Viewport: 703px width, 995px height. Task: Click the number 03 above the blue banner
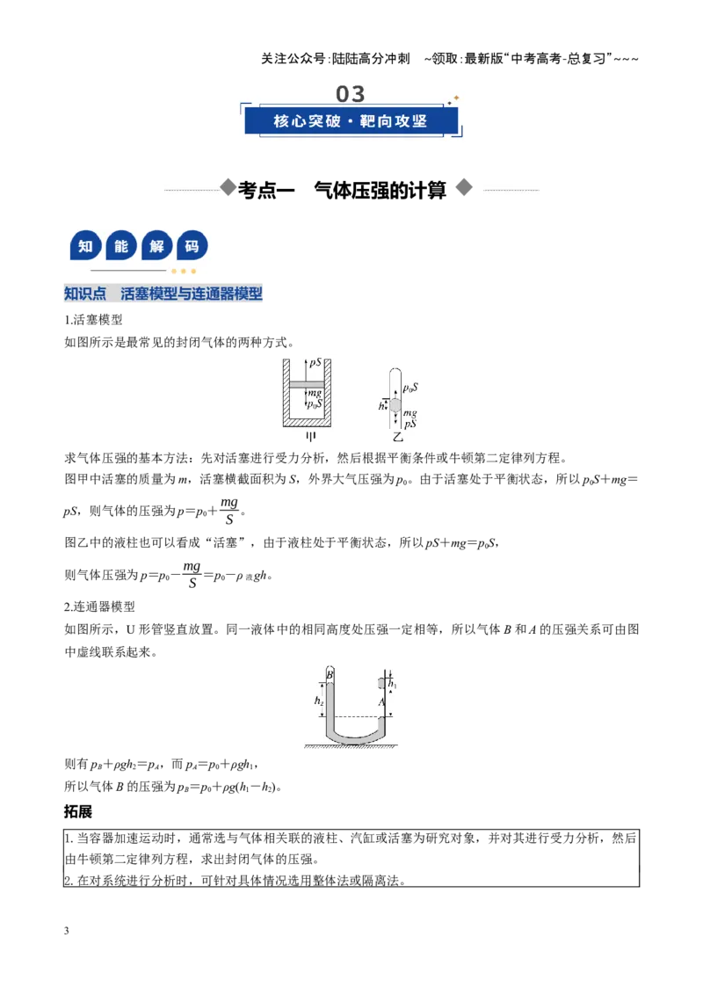point(351,94)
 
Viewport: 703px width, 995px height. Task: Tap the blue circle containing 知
point(85,246)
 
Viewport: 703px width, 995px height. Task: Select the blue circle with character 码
point(192,246)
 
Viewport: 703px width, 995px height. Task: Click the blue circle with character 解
point(156,246)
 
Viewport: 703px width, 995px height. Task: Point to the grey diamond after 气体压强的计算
point(465,188)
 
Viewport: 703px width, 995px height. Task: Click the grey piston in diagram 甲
point(307,384)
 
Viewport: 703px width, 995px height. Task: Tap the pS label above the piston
point(315,363)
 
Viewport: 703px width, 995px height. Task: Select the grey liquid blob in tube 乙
point(395,405)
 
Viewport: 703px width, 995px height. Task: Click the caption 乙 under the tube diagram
point(398,437)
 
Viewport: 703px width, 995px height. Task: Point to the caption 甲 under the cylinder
point(310,437)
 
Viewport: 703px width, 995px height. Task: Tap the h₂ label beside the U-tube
point(318,701)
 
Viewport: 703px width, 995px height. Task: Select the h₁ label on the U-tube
point(392,684)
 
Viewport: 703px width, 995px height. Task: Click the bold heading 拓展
point(78,811)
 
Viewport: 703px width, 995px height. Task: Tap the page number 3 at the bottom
point(67,930)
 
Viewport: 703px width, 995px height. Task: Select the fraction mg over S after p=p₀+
point(229,510)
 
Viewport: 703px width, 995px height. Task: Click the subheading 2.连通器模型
point(99,606)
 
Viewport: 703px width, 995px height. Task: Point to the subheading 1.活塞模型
point(93,320)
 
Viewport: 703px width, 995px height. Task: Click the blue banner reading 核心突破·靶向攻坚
point(351,120)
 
